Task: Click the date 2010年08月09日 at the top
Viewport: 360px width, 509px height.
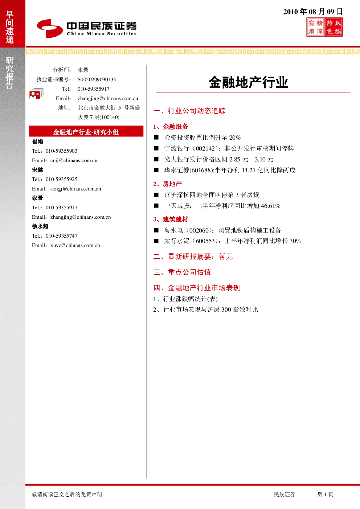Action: click(x=313, y=12)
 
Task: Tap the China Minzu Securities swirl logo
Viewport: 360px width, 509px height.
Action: click(x=50, y=28)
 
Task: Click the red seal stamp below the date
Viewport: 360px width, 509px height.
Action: click(x=324, y=27)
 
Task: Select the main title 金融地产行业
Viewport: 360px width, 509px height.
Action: click(x=248, y=82)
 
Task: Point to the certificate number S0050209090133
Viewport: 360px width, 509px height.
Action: click(x=97, y=79)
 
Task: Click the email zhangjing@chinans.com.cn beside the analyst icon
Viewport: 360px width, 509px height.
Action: click(x=108, y=98)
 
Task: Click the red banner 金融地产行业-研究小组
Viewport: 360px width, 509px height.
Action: click(x=86, y=132)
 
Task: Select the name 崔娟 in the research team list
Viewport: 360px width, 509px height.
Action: click(x=37, y=141)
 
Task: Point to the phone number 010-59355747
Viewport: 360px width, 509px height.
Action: click(x=61, y=236)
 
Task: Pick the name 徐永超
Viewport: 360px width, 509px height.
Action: click(x=40, y=226)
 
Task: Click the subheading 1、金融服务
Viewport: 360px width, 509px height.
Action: click(x=171, y=127)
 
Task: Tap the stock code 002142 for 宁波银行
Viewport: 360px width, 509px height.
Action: click(x=205, y=149)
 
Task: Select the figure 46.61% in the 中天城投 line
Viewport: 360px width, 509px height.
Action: click(x=270, y=206)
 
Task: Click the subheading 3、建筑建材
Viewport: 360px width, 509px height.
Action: click(x=171, y=219)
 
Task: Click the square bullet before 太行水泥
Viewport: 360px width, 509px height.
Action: click(x=156, y=241)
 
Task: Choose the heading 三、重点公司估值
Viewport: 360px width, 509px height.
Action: click(x=182, y=272)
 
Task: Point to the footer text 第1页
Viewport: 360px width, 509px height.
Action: click(x=325, y=494)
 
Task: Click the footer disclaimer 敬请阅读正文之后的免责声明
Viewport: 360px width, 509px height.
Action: click(x=67, y=494)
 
